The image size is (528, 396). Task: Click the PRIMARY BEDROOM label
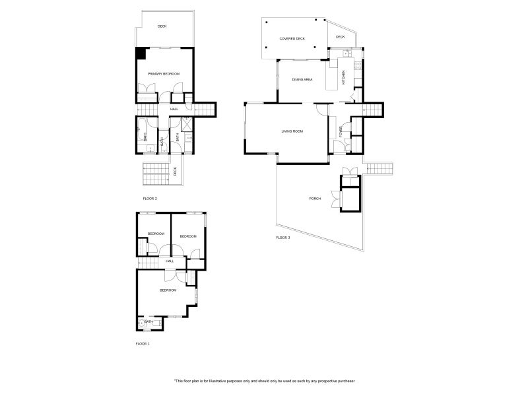[164, 73]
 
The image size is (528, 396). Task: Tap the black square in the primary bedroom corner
[141, 53]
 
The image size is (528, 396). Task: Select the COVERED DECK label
[292, 39]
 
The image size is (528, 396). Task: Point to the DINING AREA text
[302, 79]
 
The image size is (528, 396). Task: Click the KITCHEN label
[343, 77]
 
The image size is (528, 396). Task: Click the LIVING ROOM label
[292, 132]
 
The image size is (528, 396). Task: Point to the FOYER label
[341, 133]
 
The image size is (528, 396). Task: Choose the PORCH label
[315, 199]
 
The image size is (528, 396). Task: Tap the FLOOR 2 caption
[150, 198]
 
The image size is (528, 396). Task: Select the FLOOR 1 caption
[143, 344]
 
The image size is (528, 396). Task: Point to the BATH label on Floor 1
[149, 322]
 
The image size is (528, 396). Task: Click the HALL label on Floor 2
[174, 109]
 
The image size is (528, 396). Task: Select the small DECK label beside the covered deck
[341, 37]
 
